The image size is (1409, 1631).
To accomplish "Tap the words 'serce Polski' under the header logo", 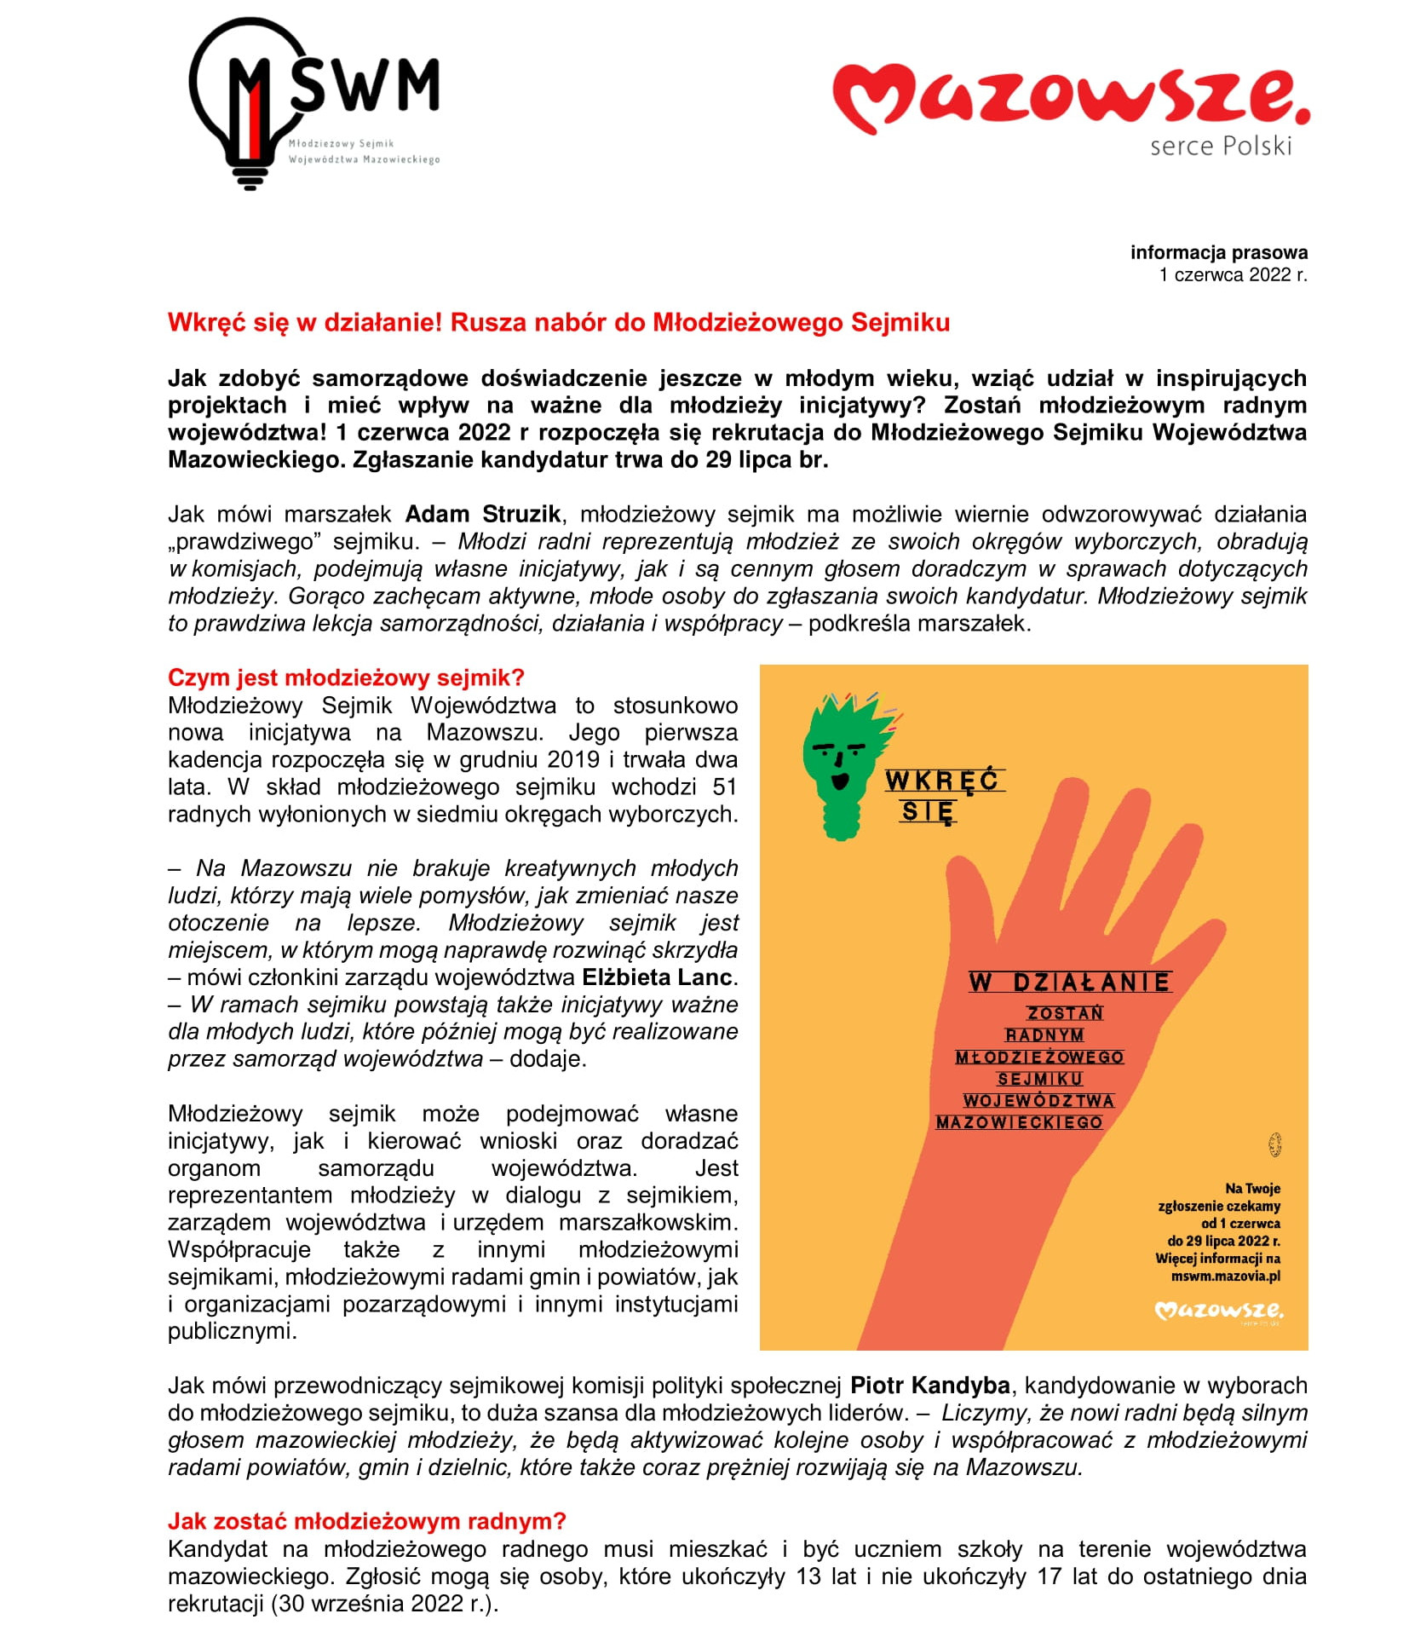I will (1220, 147).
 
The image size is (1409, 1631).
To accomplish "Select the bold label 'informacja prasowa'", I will (1218, 252).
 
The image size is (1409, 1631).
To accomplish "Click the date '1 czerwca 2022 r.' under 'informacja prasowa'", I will (1232, 274).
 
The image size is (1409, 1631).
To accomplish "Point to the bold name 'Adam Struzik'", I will (482, 515).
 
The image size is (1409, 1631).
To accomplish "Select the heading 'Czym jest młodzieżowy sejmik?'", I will (346, 677).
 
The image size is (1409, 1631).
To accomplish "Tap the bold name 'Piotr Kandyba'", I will (929, 1386).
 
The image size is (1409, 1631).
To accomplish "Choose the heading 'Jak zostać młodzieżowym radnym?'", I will (366, 1521).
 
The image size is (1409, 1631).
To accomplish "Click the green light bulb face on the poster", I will (843, 763).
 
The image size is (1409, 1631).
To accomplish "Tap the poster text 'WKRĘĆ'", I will (942, 781).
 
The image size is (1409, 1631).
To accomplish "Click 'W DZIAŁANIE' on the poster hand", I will (1069, 983).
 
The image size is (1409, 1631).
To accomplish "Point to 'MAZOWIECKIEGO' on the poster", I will (1019, 1122).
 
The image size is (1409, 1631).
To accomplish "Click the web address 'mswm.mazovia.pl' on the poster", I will (1225, 1276).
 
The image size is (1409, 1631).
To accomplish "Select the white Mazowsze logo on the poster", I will (1218, 1310).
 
